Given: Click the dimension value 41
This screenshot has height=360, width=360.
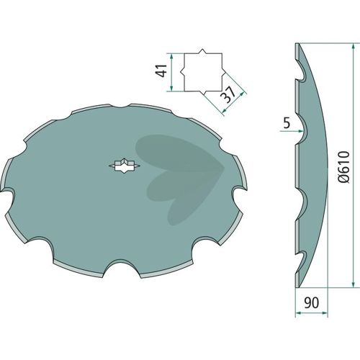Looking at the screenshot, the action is point(161,71).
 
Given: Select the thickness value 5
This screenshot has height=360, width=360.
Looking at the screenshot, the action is point(287,123).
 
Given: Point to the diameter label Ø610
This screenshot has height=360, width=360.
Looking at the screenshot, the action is point(344,167).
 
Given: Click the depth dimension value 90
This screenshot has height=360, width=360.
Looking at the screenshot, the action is point(312,303).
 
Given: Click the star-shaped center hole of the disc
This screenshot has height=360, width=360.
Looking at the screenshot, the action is point(125,166).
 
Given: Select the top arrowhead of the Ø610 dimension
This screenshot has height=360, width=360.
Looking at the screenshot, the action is point(353,47).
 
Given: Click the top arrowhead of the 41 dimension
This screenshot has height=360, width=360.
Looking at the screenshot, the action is point(171,57).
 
